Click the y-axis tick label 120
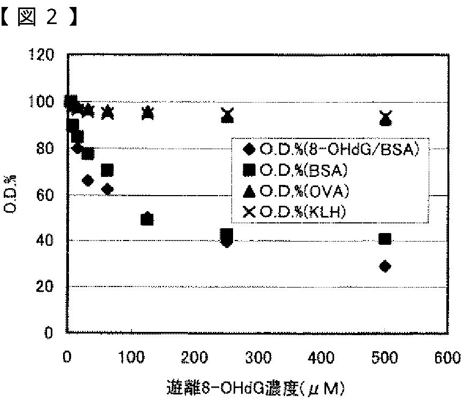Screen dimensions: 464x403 point(41,55)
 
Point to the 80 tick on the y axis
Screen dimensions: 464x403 point(45,148)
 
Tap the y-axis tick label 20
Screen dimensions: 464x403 point(45,286)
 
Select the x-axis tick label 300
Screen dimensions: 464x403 point(259,358)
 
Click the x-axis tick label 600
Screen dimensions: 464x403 point(447,358)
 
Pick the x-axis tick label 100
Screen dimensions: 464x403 point(132,358)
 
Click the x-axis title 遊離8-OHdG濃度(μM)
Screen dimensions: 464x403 point(256,388)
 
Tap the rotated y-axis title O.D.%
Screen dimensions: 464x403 point(10,194)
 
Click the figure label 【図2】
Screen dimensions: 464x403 point(39,17)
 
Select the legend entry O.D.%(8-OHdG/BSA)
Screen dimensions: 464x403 point(330,150)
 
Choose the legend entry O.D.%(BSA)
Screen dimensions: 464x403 point(295,170)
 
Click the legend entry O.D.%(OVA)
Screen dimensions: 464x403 point(296,191)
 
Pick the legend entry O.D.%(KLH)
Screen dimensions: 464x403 point(294,212)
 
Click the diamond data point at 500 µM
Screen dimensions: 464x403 point(385,266)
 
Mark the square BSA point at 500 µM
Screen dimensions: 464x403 point(385,239)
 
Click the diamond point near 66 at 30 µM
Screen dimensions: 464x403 point(88,181)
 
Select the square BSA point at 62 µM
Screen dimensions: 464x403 point(107,170)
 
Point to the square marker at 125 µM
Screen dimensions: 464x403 point(147,220)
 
